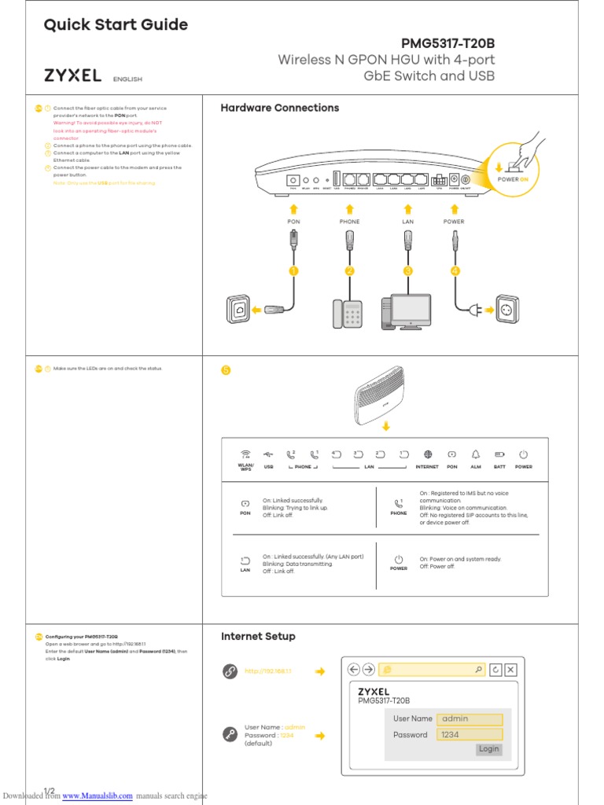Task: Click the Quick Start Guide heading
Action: [116, 25]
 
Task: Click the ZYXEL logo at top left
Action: [72, 76]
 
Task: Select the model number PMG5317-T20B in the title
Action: [448, 44]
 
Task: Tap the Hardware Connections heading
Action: [280, 108]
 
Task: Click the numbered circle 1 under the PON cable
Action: [293, 271]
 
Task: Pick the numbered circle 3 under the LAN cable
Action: [407, 271]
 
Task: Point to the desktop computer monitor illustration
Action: [411, 310]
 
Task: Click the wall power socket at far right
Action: [508, 309]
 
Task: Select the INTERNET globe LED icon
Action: [428, 454]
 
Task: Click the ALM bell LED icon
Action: [475, 454]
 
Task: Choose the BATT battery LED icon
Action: [499, 454]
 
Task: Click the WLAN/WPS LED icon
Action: [245, 454]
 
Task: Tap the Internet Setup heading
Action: [258, 636]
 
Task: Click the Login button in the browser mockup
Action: [489, 749]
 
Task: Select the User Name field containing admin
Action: [470, 719]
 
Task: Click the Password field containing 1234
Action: [470, 735]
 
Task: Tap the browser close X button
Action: [511, 670]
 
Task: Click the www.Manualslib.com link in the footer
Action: [98, 796]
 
